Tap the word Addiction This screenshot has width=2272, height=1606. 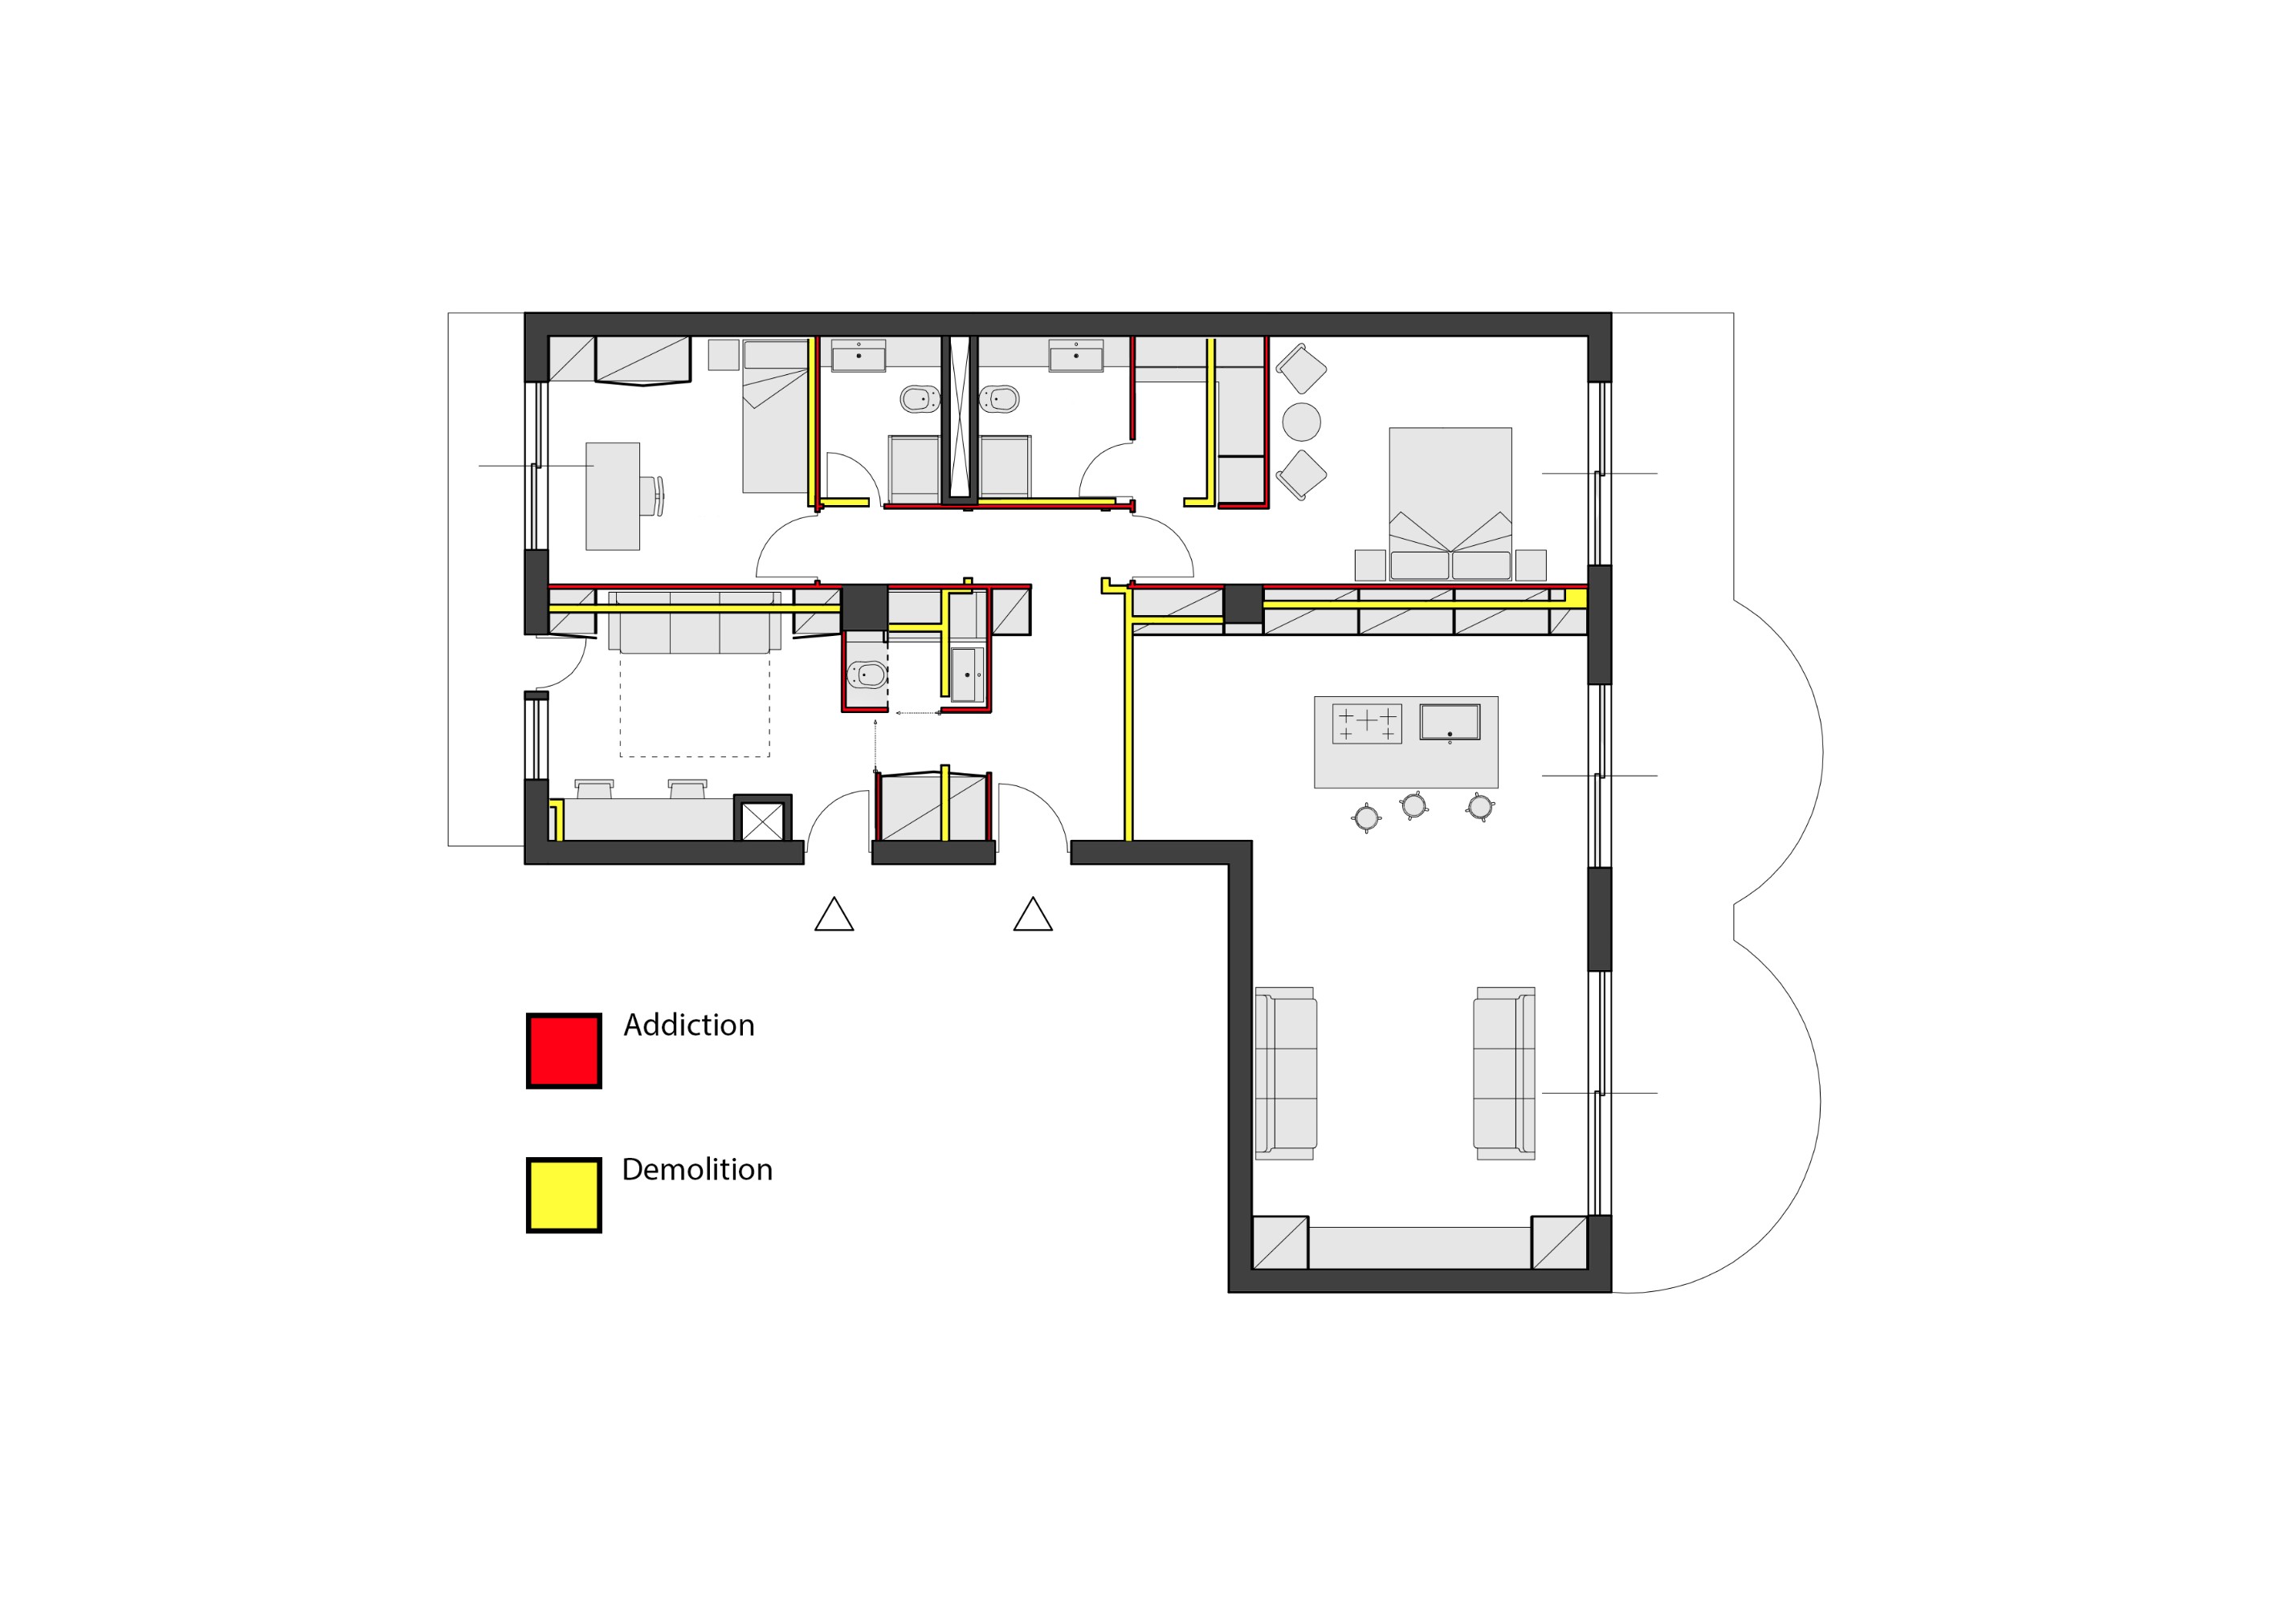(689, 1025)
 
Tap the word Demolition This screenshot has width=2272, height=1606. (696, 1170)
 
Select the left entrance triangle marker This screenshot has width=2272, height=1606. (834, 915)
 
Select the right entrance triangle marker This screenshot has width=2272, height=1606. (1033, 915)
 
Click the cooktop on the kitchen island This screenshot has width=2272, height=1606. (1367, 724)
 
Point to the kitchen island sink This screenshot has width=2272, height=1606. (1450, 723)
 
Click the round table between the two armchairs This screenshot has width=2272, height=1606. (1301, 422)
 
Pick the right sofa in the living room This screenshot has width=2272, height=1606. (1504, 1074)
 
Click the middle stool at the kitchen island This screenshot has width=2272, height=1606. (1414, 805)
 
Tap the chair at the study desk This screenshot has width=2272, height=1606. (651, 495)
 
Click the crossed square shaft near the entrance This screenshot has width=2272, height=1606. (762, 821)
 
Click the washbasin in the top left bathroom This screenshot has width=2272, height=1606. (858, 357)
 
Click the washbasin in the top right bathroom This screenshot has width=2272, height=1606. (1075, 357)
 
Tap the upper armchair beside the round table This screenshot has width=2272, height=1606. (1301, 369)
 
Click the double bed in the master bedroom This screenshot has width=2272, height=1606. (1450, 503)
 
